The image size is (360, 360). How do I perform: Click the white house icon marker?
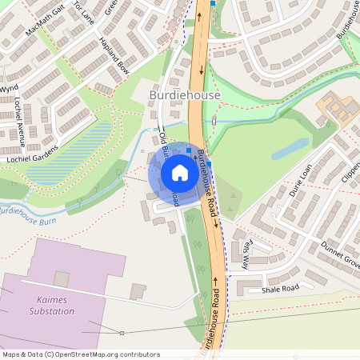click(x=180, y=173)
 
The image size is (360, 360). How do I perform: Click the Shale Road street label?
click(x=280, y=288)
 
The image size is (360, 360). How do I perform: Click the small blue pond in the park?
click(x=290, y=148)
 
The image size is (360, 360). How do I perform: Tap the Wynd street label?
click(x=10, y=88)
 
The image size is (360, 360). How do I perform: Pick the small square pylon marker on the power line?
click(x=122, y=332)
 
